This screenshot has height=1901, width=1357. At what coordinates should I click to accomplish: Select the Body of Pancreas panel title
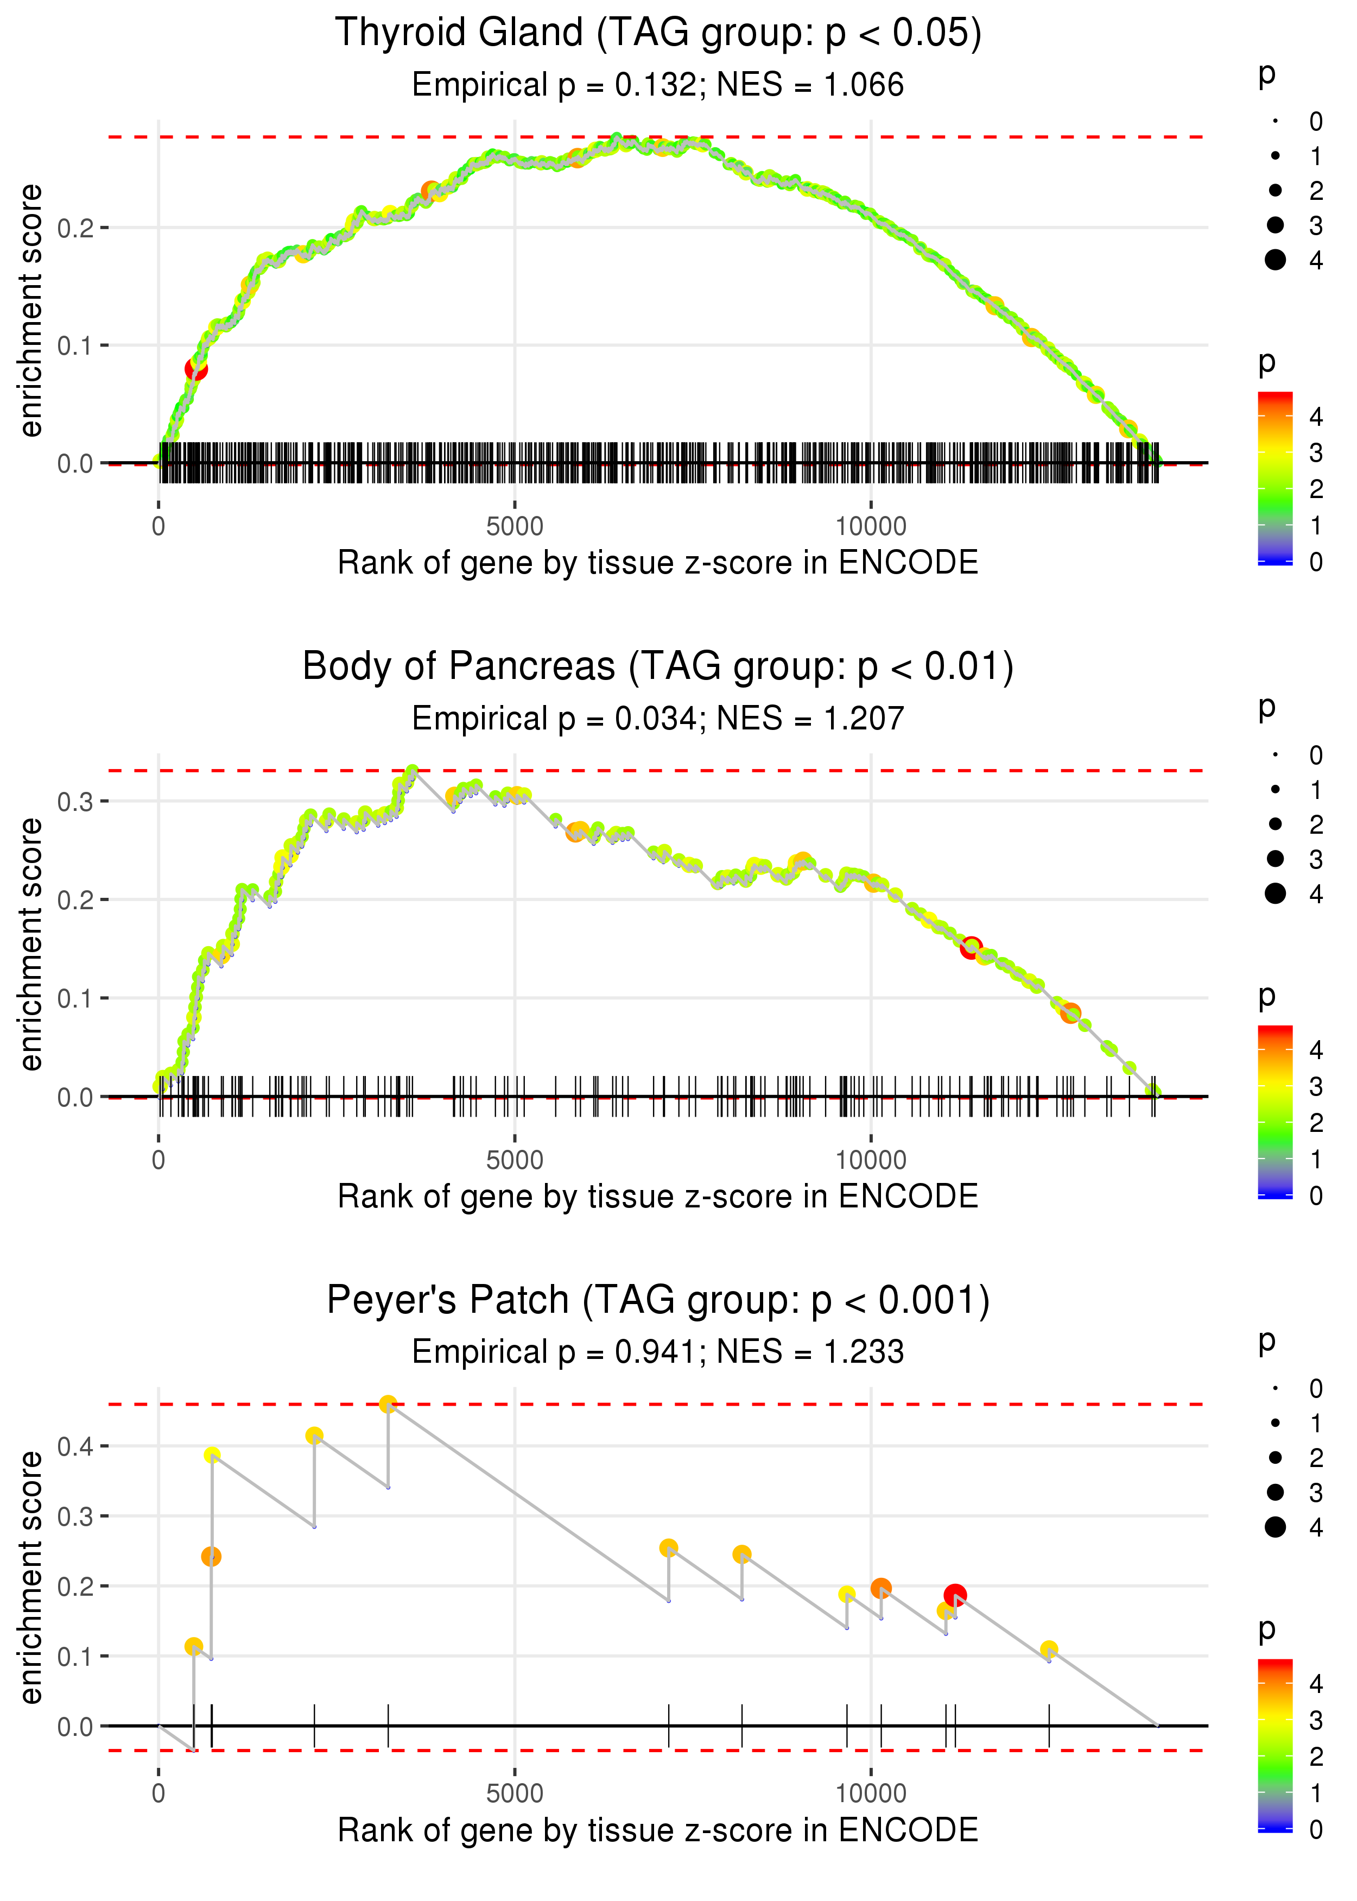click(x=658, y=667)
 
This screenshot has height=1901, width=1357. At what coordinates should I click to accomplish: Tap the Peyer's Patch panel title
click(x=658, y=1301)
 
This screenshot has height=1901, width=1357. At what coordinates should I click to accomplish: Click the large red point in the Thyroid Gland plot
click(x=195, y=369)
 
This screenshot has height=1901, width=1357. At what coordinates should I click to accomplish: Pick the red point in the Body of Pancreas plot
click(x=970, y=948)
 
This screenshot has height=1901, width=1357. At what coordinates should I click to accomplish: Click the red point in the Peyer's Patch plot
click(x=955, y=1595)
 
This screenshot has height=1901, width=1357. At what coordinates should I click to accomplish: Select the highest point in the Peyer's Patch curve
click(x=388, y=1405)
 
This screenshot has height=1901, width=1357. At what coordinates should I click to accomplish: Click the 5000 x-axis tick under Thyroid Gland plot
click(x=515, y=527)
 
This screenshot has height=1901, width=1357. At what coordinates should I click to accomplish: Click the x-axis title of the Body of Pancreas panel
click(x=658, y=1197)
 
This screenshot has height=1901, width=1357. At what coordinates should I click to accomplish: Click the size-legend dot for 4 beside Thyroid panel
click(x=1275, y=260)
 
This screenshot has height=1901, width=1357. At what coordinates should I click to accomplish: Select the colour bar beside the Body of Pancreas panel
click(x=1275, y=1111)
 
